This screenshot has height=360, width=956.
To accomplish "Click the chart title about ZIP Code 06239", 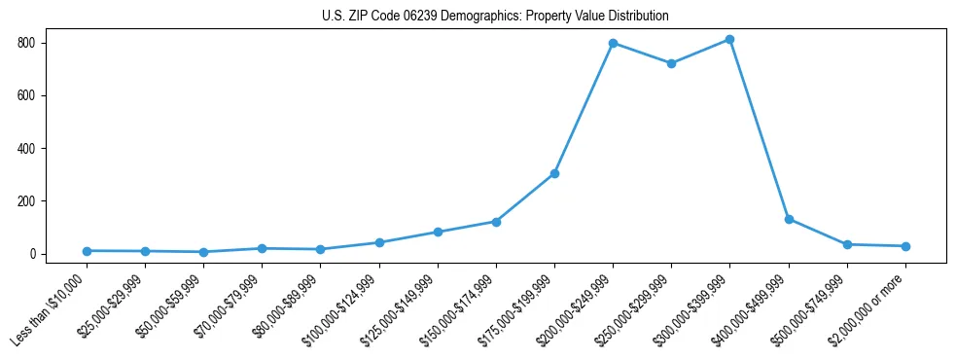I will point(495,17).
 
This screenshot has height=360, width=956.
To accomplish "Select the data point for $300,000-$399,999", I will point(729,40).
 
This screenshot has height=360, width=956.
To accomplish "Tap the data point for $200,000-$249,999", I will point(613,43).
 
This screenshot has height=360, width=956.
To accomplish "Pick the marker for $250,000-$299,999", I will point(671,63).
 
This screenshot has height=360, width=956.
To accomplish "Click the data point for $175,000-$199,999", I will point(554,173).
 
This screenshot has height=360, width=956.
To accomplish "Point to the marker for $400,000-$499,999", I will point(789,219).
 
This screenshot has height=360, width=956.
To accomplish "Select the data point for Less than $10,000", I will point(87,251).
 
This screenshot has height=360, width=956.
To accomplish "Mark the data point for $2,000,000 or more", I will point(905,246).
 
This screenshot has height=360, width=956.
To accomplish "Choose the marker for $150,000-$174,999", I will point(496,222).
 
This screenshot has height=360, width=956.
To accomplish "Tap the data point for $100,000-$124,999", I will point(379,242).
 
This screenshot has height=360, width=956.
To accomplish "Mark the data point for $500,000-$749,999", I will point(847,244).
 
